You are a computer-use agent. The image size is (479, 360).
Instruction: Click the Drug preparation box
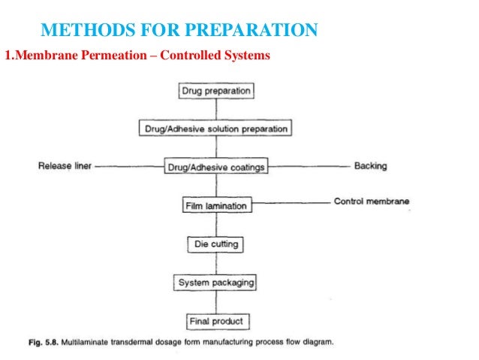(x=216, y=91)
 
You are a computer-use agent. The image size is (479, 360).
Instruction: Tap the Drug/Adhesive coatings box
(x=215, y=167)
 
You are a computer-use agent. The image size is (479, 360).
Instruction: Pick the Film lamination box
(x=215, y=205)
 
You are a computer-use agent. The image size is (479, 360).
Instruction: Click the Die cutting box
(x=215, y=244)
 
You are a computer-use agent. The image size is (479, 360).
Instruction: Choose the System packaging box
(x=215, y=283)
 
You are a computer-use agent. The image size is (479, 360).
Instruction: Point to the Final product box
(x=215, y=321)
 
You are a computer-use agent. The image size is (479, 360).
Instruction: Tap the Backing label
(x=370, y=166)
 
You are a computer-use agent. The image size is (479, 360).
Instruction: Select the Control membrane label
(x=372, y=201)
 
